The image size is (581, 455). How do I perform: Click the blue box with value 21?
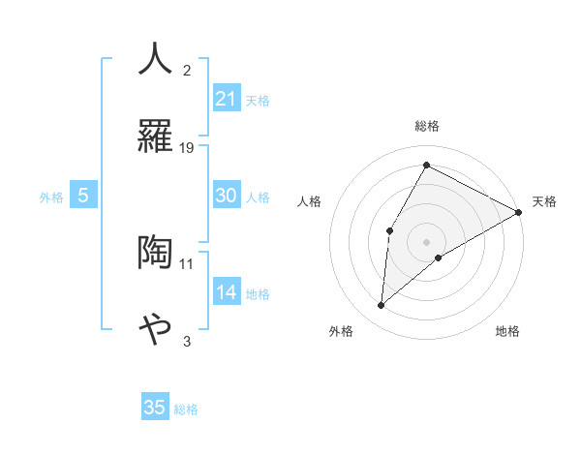[x=227, y=98]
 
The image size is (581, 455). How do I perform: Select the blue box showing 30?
[x=227, y=195]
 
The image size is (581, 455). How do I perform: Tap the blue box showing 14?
[x=227, y=291]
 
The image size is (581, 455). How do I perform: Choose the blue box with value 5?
[x=83, y=195]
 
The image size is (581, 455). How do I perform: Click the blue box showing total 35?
[x=155, y=408]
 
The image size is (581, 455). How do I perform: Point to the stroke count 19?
[x=187, y=147]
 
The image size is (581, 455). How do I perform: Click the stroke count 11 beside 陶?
[x=187, y=263]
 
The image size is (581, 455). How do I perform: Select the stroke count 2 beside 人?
[x=187, y=70]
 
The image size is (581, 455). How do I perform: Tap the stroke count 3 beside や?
[x=187, y=341]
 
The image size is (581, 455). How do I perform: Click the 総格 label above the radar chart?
[x=427, y=126]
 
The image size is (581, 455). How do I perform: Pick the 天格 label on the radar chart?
[x=544, y=201]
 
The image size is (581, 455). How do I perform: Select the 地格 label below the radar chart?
[x=507, y=331]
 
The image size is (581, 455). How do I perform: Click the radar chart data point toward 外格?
[x=382, y=306]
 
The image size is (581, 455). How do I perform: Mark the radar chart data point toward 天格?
[x=519, y=212]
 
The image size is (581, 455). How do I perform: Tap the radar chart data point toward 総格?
[x=426, y=166]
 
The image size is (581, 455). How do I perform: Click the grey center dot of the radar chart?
[x=426, y=241]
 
